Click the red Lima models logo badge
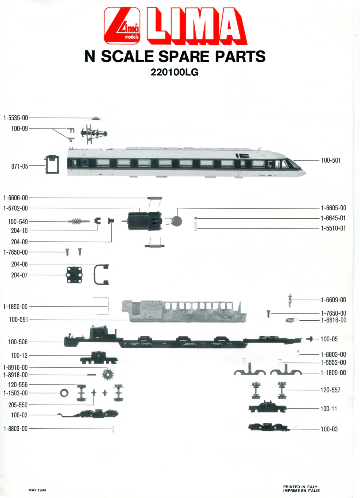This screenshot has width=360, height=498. point(122,25)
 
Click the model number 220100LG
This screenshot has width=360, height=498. point(174,72)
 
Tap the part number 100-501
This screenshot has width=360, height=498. point(331,160)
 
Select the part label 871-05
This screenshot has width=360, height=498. point(20,166)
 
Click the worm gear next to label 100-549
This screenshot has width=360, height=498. point(79,222)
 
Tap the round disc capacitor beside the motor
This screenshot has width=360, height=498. point(177,221)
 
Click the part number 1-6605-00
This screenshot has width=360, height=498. point(333,208)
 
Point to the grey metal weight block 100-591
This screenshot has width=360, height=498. point(184,311)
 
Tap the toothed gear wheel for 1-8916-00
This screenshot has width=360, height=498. point(108,375)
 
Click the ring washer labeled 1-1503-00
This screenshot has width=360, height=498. point(64,393)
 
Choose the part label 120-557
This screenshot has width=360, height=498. point(330,390)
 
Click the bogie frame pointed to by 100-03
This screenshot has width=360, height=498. point(268,427)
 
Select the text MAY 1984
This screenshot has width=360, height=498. point(37,490)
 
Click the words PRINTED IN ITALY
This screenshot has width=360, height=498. point(300,487)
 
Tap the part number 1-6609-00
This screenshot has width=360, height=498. point(333,300)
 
